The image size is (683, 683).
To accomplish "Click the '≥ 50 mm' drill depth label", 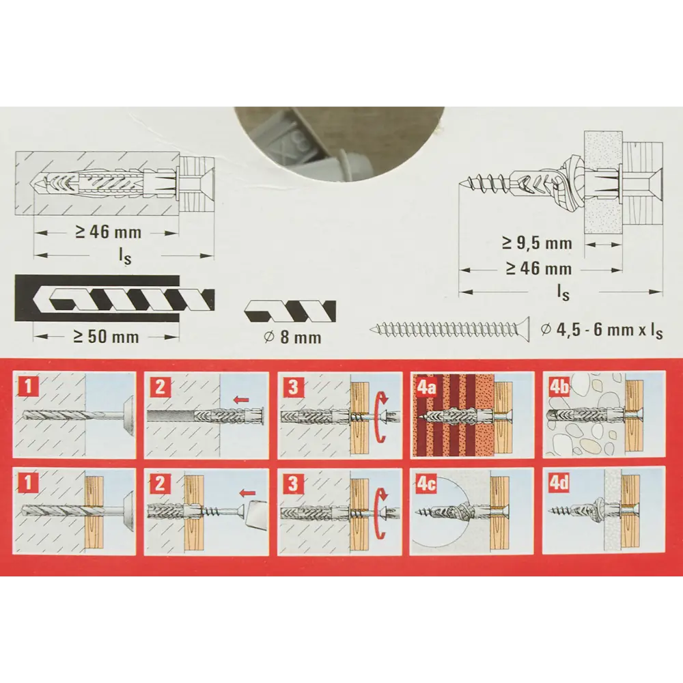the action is (106, 337).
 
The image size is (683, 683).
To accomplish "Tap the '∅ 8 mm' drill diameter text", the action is (293, 337).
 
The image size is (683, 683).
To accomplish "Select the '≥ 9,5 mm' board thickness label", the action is (537, 243).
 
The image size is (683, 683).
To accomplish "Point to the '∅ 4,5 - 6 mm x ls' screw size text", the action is (602, 330).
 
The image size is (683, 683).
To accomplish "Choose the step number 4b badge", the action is (559, 387).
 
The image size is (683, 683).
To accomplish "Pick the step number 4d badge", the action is (559, 484).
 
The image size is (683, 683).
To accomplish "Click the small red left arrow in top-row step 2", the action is (241, 398).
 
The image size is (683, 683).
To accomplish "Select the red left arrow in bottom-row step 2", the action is (247, 492).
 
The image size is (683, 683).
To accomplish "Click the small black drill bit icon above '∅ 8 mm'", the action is (290, 311).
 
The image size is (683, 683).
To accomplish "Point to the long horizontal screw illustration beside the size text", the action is (449, 330).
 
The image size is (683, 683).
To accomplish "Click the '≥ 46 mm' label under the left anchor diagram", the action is (108, 232).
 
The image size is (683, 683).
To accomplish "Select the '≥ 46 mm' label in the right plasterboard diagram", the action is (538, 268).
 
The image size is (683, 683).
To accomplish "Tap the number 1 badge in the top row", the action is (27, 387).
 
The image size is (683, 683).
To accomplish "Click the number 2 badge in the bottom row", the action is (160, 484).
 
